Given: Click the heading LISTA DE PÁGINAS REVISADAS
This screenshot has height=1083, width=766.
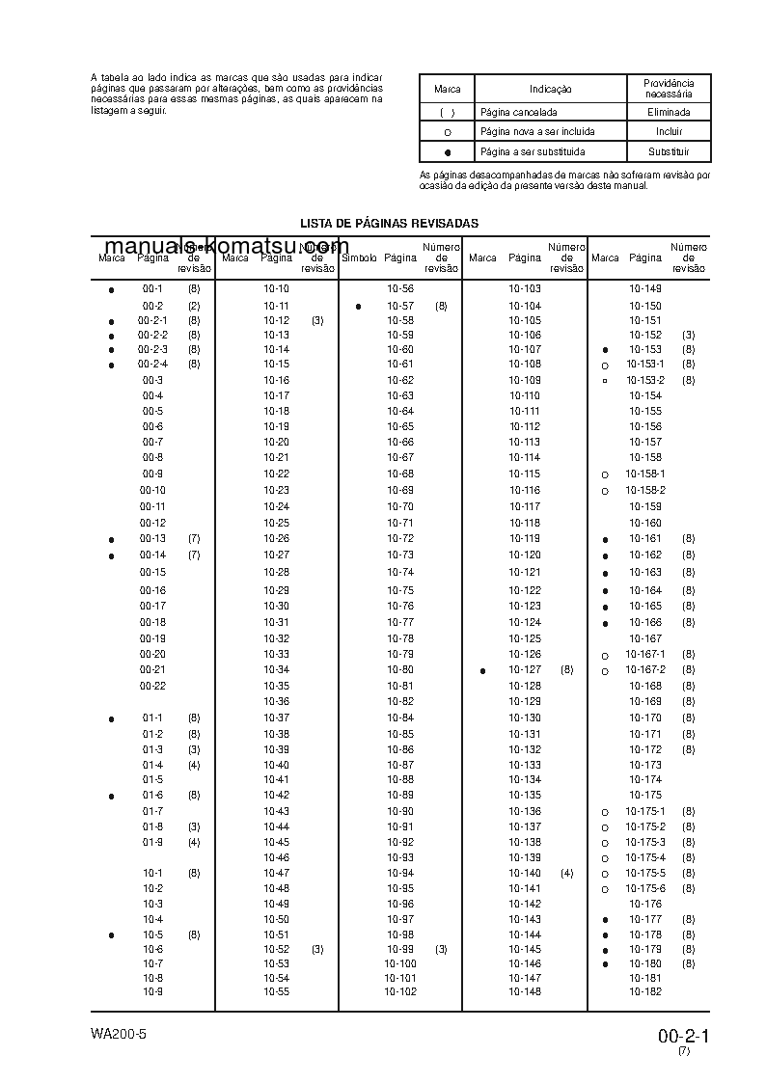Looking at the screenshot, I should tap(389, 224).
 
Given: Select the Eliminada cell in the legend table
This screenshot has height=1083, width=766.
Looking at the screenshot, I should tap(669, 112).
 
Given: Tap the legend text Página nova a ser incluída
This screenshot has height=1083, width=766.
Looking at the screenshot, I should tap(537, 132).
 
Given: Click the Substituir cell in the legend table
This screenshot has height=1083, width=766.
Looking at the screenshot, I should tap(669, 152).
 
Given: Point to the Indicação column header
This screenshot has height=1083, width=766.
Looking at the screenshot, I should tap(550, 89).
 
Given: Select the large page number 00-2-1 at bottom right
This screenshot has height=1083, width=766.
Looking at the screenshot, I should tap(684, 1037).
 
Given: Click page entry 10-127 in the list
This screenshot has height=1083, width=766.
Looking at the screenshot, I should tap(525, 669).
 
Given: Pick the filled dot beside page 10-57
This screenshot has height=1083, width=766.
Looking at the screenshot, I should tap(358, 307).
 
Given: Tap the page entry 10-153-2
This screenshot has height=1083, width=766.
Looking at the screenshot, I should tap(645, 380).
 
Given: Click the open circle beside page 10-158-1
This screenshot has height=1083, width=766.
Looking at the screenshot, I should tap(604, 475).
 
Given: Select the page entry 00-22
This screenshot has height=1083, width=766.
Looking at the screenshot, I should tap(152, 686).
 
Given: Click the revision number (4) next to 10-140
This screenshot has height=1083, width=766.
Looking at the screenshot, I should tap(566, 873).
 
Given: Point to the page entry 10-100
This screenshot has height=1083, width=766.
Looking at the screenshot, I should tap(400, 963).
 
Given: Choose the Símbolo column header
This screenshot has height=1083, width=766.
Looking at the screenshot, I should tap(359, 258).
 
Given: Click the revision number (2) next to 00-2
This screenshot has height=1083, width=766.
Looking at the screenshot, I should tap(194, 306).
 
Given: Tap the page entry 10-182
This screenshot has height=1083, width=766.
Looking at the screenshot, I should tap(645, 991).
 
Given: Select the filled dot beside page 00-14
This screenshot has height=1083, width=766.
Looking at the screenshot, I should tap(111, 556).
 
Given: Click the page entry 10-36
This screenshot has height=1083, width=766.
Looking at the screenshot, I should tap(277, 701).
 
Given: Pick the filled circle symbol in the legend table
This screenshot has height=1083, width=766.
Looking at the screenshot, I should tap(448, 153).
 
